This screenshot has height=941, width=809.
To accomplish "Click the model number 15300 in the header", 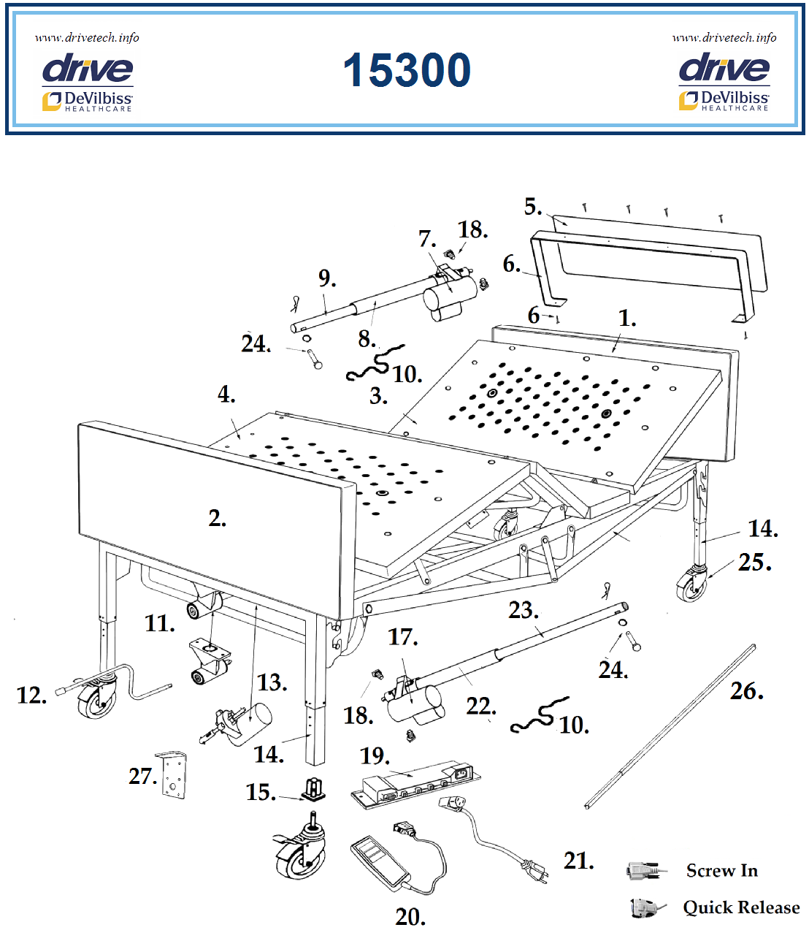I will click(x=407, y=71).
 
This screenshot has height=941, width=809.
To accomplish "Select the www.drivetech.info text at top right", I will click(x=724, y=37).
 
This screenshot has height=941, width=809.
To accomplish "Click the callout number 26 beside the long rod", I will click(x=745, y=691).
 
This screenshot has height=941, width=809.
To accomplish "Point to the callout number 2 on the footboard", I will click(x=216, y=518).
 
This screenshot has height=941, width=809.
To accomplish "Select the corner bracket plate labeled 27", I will click(x=172, y=775).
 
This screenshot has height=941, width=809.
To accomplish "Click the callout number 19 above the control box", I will click(x=374, y=755).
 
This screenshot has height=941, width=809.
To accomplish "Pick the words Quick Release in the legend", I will click(x=740, y=907).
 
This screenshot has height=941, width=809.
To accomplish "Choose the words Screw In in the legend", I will click(x=721, y=871).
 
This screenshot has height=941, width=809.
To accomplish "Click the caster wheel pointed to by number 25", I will click(x=692, y=585).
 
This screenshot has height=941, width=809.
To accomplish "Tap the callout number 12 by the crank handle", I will click(x=31, y=696).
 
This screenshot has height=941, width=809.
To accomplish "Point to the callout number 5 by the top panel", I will click(x=532, y=207).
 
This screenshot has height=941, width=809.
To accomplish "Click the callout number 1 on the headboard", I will click(x=626, y=319).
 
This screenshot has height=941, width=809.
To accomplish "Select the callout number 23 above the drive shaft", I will click(x=523, y=610).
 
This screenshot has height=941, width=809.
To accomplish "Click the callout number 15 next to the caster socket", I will click(x=260, y=793).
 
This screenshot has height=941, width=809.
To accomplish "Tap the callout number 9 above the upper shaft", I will click(x=326, y=278).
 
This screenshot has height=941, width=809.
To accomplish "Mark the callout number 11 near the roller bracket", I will click(x=159, y=623).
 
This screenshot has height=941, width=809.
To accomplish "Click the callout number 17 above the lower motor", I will click(x=402, y=637).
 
